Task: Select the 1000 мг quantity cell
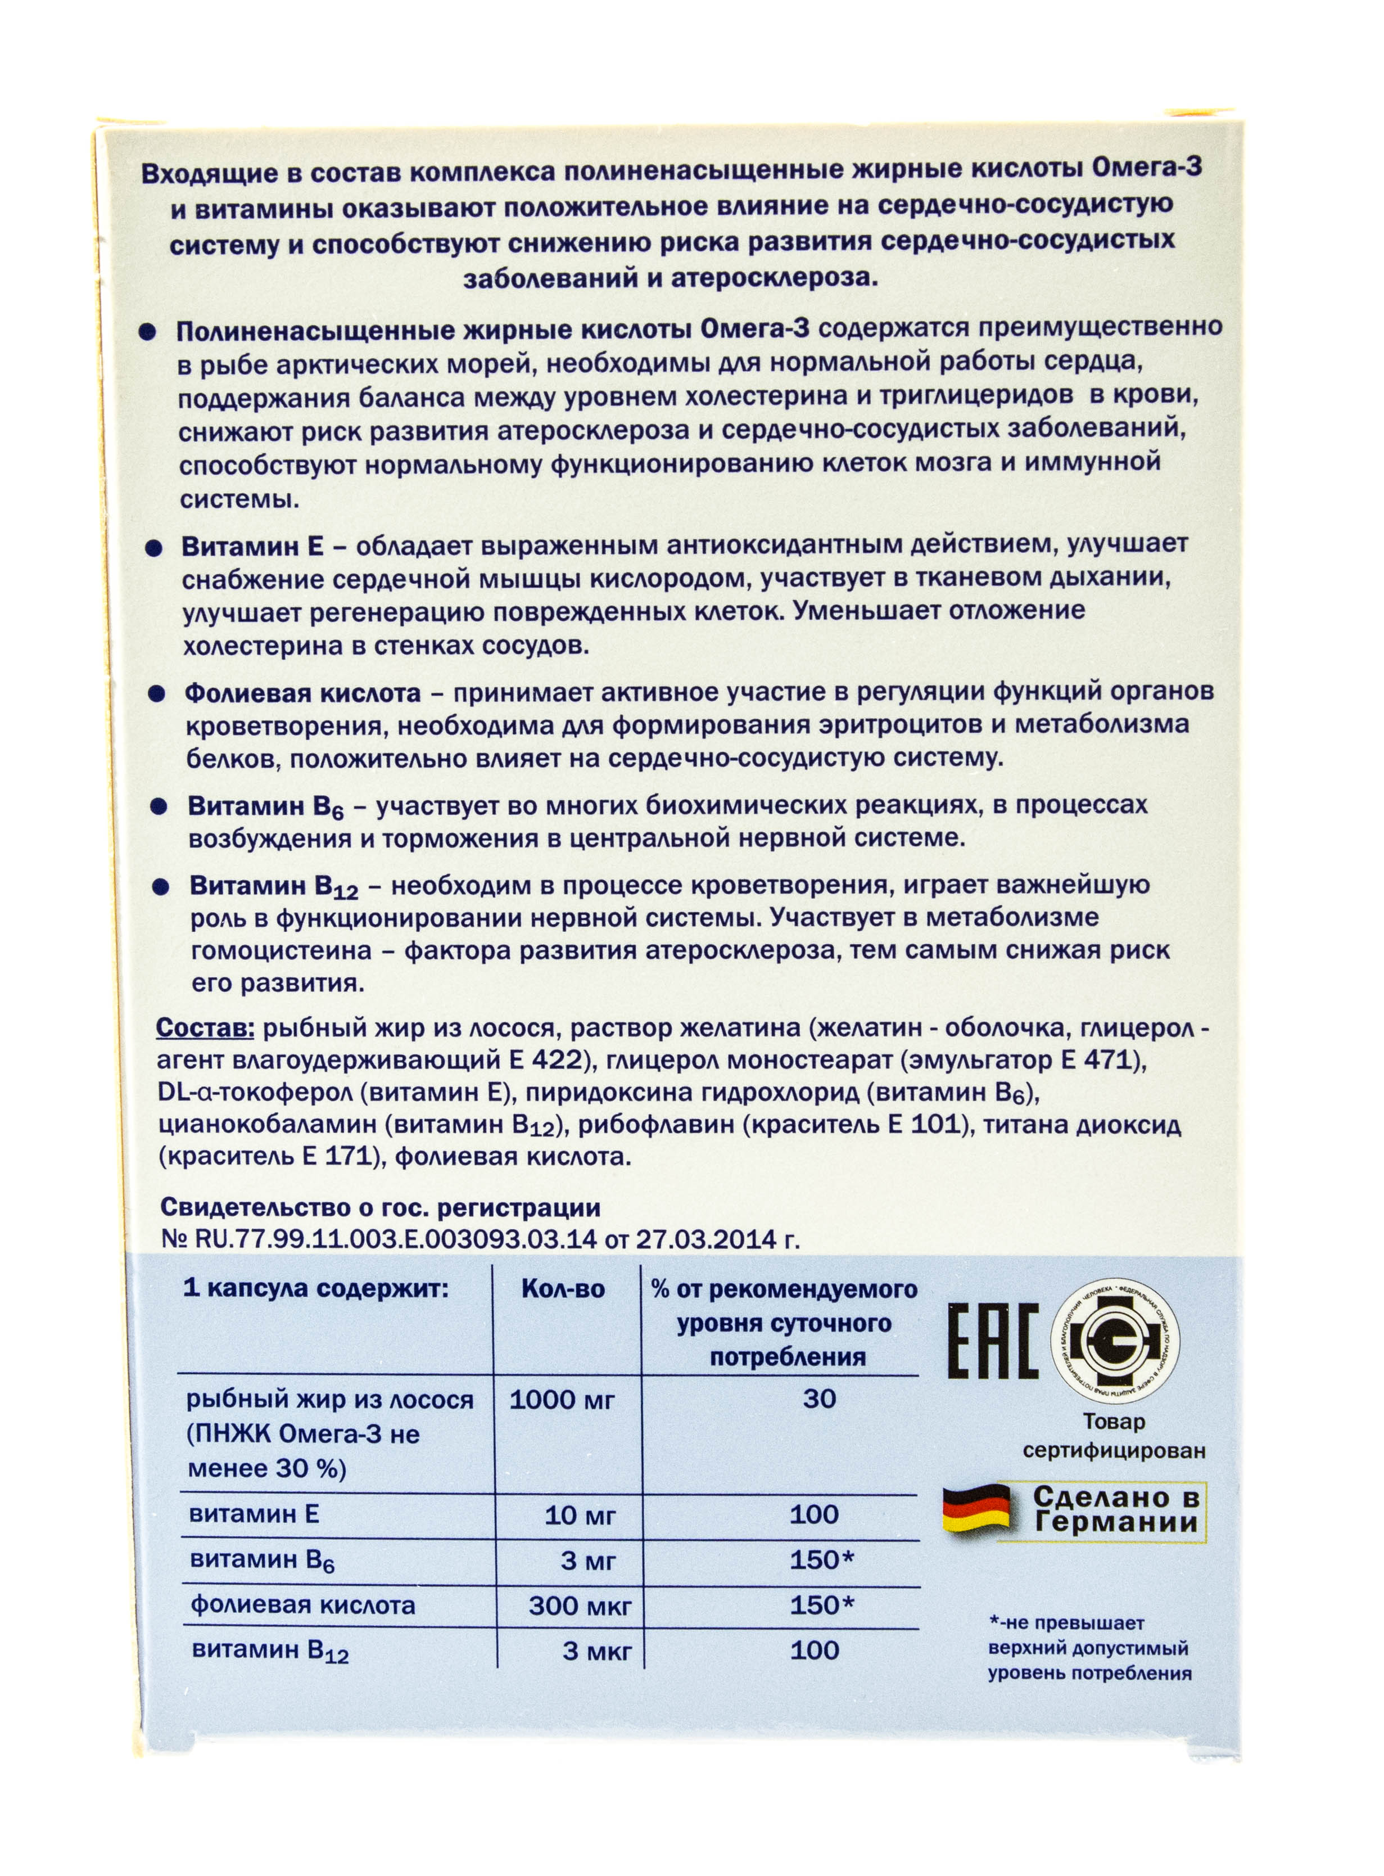562,1399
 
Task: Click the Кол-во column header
563,1289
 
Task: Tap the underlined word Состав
205,1028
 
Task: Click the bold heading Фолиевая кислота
302,694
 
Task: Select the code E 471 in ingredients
1102,1060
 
